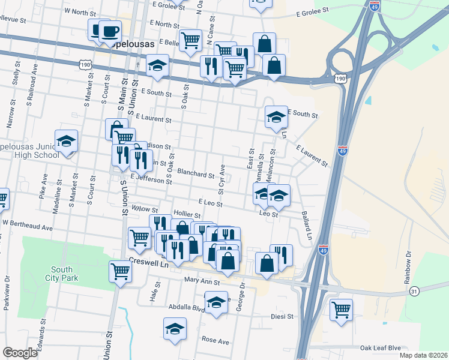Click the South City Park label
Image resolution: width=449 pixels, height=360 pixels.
coord(64,274)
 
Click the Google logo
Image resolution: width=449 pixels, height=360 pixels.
coord(20,353)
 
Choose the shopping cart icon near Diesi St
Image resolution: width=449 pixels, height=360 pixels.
coord(341,310)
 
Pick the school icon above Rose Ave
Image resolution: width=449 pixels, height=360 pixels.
coord(175,328)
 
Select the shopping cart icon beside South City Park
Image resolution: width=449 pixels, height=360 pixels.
coord(120,271)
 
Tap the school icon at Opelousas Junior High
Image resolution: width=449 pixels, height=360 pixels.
coord(66,141)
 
